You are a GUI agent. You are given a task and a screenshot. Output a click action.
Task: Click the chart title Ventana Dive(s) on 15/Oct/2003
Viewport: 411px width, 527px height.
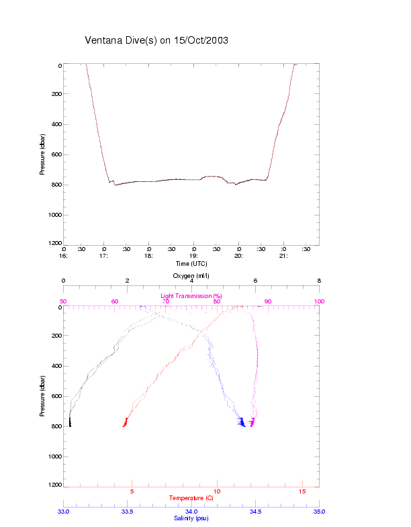click(156, 40)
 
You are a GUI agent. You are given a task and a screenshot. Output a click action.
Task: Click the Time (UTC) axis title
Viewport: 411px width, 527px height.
click(191, 263)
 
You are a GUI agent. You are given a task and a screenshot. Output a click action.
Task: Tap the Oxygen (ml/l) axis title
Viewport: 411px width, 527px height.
click(191, 276)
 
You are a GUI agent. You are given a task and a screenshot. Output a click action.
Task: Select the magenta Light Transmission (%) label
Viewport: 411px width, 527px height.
click(191, 296)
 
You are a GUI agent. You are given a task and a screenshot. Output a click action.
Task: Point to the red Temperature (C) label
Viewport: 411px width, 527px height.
click(191, 498)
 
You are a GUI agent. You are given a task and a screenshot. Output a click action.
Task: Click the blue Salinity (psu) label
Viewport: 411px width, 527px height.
click(191, 518)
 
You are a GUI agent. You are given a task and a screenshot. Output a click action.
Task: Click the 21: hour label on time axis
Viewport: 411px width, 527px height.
click(283, 256)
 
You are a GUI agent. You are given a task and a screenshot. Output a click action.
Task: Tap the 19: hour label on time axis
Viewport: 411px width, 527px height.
click(193, 256)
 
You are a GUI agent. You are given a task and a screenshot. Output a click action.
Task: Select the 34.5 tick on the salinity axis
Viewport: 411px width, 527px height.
click(255, 512)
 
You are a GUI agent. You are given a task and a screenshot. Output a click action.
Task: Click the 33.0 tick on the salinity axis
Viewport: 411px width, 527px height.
click(64, 512)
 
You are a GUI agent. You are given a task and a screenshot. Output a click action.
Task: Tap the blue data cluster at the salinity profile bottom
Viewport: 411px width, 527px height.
click(241, 422)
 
